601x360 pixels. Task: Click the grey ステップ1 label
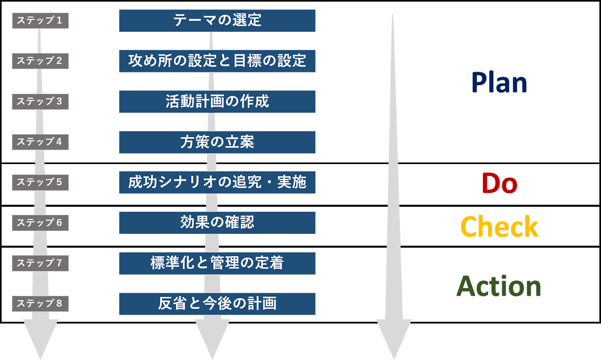click(x=40, y=20)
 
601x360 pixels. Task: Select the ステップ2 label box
click(x=40, y=61)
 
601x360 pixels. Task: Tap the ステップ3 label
click(x=40, y=101)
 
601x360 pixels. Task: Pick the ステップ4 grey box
click(x=40, y=142)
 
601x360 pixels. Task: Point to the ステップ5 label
click(x=40, y=182)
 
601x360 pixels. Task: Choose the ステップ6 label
click(x=40, y=223)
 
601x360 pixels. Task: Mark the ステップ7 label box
click(x=40, y=263)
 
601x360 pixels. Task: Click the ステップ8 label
click(x=40, y=303)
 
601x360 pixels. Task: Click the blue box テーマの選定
click(x=217, y=20)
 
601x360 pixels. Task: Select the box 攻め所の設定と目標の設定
click(x=217, y=61)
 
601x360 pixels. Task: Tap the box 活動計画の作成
click(x=217, y=101)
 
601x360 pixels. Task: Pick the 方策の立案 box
click(x=217, y=142)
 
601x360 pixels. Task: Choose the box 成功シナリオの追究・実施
click(x=217, y=182)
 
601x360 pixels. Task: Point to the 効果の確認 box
click(x=217, y=223)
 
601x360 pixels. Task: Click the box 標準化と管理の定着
click(x=217, y=263)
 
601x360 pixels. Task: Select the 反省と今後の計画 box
click(x=217, y=303)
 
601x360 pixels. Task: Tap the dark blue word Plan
click(x=499, y=83)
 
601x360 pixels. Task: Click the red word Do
click(x=499, y=183)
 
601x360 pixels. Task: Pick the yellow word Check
click(x=499, y=227)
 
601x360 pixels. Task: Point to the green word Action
click(x=499, y=286)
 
